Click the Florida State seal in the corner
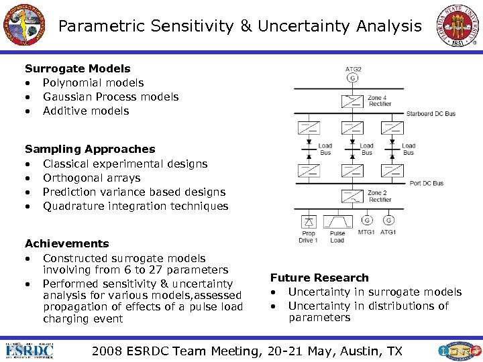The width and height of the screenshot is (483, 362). point(458,25)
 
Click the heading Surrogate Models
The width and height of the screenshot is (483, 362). point(78,68)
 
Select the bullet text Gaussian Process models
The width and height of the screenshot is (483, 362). point(111,97)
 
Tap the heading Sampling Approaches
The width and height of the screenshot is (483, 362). point(90,149)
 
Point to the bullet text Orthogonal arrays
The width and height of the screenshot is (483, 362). point(92,178)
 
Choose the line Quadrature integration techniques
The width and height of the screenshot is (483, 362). point(136,206)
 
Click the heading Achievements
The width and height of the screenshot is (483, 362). point(67,243)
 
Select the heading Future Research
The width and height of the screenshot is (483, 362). point(319,278)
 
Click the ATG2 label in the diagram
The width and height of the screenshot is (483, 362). point(354,69)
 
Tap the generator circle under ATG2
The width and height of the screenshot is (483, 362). point(354,78)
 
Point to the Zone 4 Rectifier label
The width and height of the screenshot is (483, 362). point(380,101)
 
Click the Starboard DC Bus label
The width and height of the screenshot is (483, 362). point(431,113)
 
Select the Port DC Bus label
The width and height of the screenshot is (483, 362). point(426,183)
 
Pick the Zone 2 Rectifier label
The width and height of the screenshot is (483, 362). point(380,196)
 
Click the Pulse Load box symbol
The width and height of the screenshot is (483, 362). point(337,221)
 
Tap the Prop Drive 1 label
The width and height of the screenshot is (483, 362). point(309,237)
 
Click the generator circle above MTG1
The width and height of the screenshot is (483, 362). point(367,221)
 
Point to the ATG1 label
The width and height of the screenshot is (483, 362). point(388,232)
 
